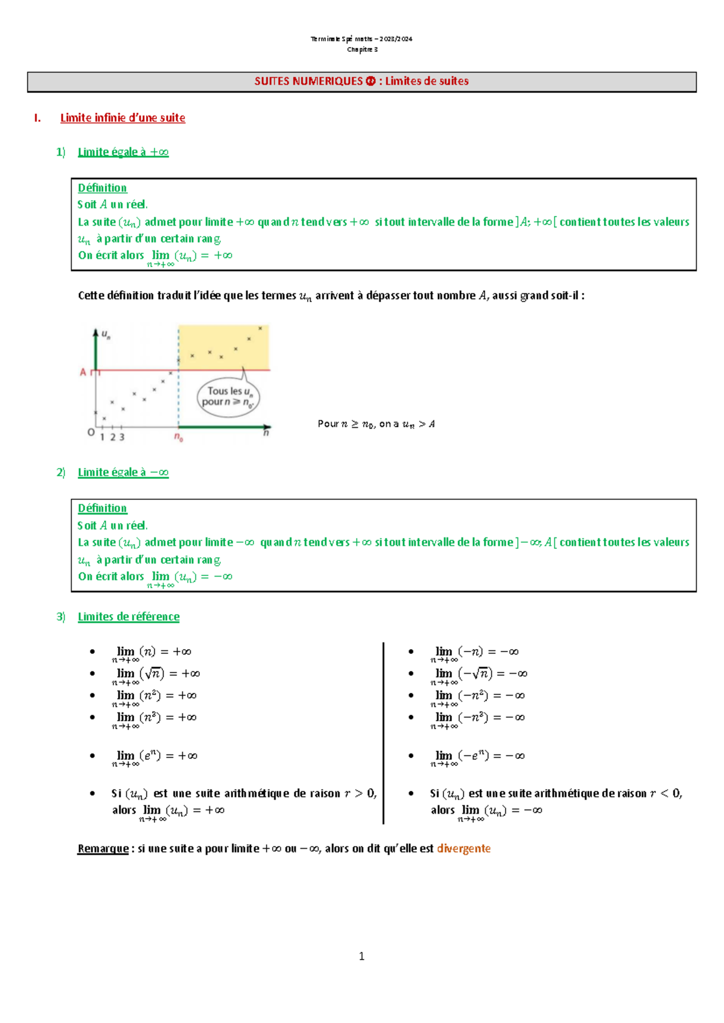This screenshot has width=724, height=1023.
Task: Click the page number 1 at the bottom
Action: coord(361,956)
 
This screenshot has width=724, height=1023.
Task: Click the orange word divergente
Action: coord(463,849)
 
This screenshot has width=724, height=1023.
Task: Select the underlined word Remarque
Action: coord(103,849)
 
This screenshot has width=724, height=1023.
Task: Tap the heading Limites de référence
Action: coord(129,616)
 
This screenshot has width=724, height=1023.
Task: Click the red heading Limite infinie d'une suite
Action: coord(122,118)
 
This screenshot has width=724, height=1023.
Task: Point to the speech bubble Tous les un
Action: coord(228,396)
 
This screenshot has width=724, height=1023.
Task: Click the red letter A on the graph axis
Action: coord(83,372)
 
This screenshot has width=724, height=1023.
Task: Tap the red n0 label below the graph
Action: coord(179,437)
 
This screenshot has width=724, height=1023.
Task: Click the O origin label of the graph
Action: coord(91,432)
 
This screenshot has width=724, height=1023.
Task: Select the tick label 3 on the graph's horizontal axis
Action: coord(122,437)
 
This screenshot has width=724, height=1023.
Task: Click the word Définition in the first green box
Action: coord(102,188)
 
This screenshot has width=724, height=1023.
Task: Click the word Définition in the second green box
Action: coord(102,508)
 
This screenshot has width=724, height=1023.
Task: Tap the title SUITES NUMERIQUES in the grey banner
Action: coord(308,81)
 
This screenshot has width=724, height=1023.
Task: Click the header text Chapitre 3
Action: coord(362,49)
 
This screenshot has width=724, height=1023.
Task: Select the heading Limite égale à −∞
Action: coord(123,472)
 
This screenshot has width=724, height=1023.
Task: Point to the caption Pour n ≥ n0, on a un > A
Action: coord(376,424)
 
